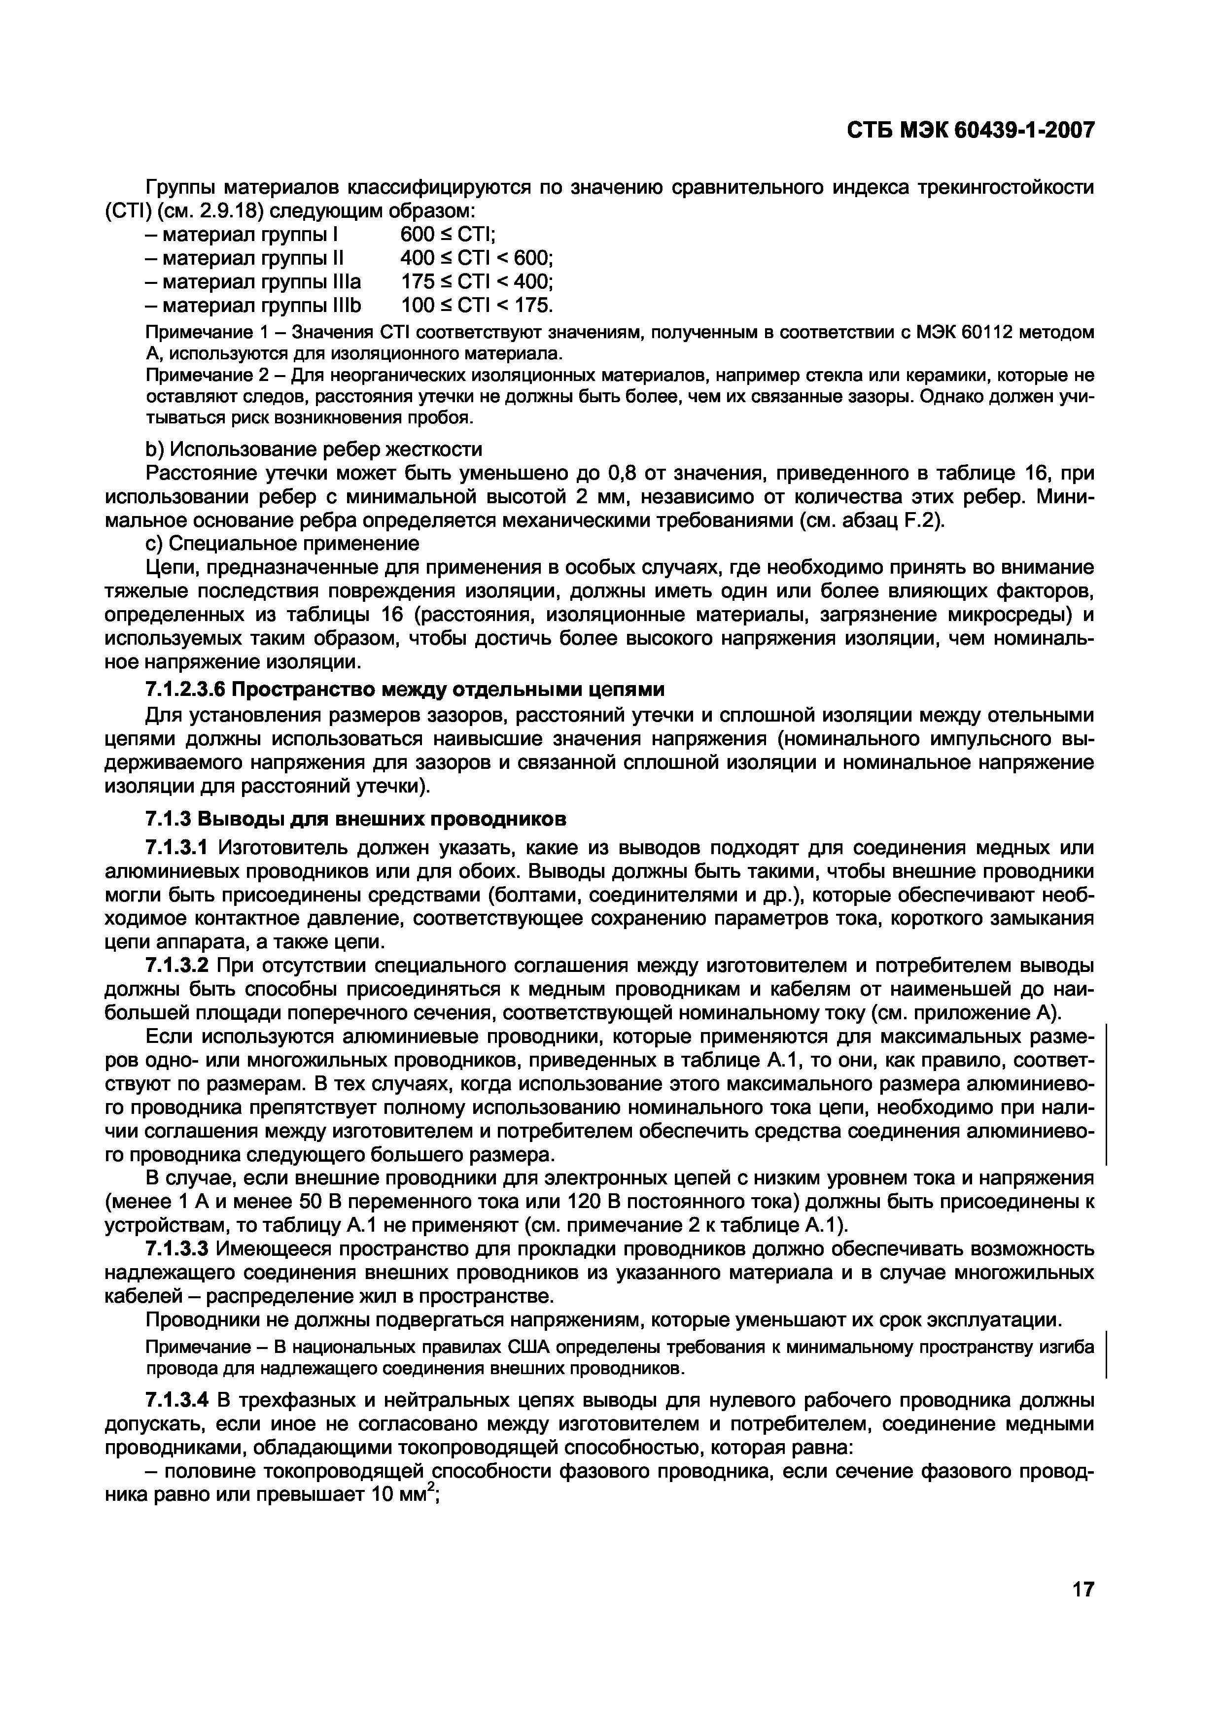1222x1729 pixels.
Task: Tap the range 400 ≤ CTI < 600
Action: point(477,258)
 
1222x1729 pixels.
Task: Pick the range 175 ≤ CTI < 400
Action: point(477,281)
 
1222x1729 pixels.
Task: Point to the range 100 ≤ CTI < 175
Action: point(477,305)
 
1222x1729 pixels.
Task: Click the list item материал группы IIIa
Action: point(253,281)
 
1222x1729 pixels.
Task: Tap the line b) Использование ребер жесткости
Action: point(313,450)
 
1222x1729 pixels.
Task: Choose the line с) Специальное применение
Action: point(281,543)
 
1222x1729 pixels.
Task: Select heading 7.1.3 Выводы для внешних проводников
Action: point(354,819)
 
